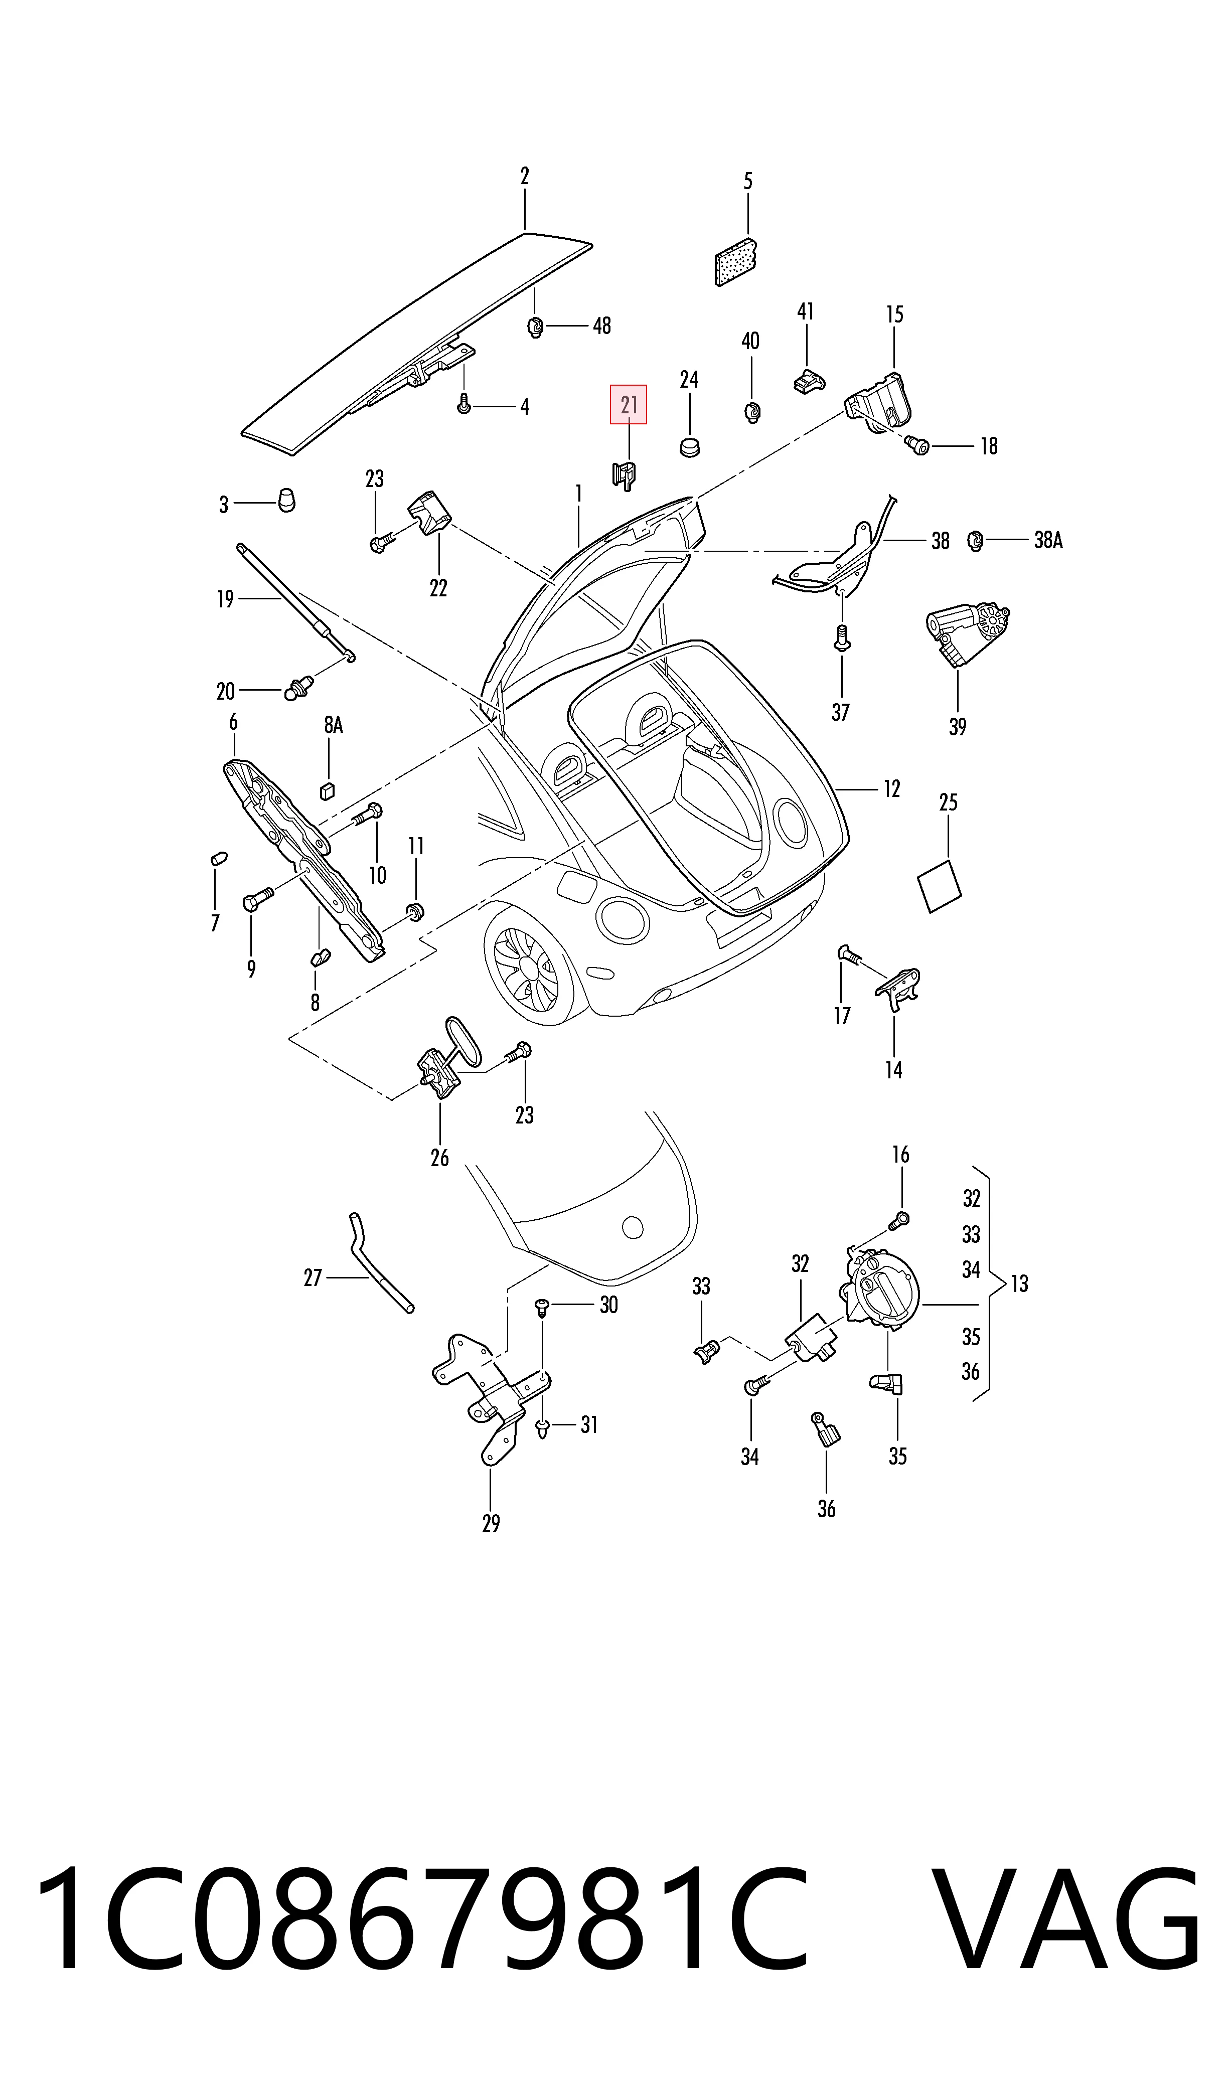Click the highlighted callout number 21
click(x=629, y=405)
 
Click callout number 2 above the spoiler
click(x=525, y=176)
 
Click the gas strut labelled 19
click(x=295, y=602)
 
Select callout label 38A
click(x=1048, y=540)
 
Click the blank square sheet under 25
click(x=939, y=886)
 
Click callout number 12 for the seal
click(x=891, y=788)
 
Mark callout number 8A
click(x=333, y=725)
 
